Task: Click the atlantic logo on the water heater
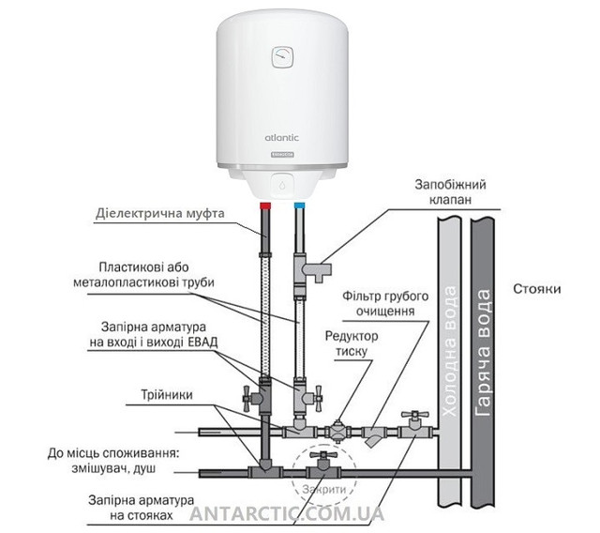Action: pyautogui.click(x=282, y=138)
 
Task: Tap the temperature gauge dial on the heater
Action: pyautogui.click(x=283, y=57)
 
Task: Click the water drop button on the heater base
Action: pyautogui.click(x=282, y=185)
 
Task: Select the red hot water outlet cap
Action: pyautogui.click(x=265, y=206)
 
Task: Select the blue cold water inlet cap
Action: pyautogui.click(x=300, y=206)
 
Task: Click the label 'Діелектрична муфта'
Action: pyautogui.click(x=160, y=213)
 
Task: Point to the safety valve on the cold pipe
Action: pyautogui.click(x=312, y=268)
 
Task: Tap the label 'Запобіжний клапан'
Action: pyautogui.click(x=450, y=191)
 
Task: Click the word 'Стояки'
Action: pyautogui.click(x=537, y=289)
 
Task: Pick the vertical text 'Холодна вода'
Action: pyautogui.click(x=449, y=352)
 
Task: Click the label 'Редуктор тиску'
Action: pyautogui.click(x=352, y=343)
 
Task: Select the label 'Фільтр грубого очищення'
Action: pyautogui.click(x=385, y=303)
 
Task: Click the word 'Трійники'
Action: pyautogui.click(x=167, y=395)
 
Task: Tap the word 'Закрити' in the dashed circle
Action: pyautogui.click(x=323, y=489)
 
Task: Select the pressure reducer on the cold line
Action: pyautogui.click(x=337, y=432)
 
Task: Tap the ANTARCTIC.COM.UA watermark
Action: pyautogui.click(x=287, y=513)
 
